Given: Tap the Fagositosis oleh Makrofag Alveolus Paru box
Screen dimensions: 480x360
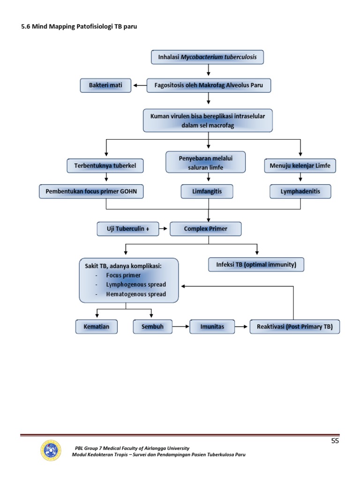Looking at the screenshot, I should point(209,85).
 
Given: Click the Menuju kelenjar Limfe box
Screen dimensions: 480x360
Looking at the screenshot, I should point(300,165).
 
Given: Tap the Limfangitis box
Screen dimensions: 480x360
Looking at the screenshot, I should point(207,191).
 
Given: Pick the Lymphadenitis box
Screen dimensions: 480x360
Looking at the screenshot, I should point(300,191).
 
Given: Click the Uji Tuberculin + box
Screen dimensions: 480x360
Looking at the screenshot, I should point(126,229).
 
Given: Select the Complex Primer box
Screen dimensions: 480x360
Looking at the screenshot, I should point(205,229).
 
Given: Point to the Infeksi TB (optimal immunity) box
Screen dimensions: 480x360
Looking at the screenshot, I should point(256,264).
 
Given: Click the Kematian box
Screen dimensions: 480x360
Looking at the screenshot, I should point(96,326).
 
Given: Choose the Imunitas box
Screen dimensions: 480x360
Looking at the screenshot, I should point(212,326).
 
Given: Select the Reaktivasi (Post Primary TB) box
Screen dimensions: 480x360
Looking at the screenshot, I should point(295,326).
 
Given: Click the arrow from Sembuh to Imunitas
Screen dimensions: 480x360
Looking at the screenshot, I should point(180,326).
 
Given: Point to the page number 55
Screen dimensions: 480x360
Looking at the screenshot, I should point(335,441).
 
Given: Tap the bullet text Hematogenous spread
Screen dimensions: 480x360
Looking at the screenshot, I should point(136,294).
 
